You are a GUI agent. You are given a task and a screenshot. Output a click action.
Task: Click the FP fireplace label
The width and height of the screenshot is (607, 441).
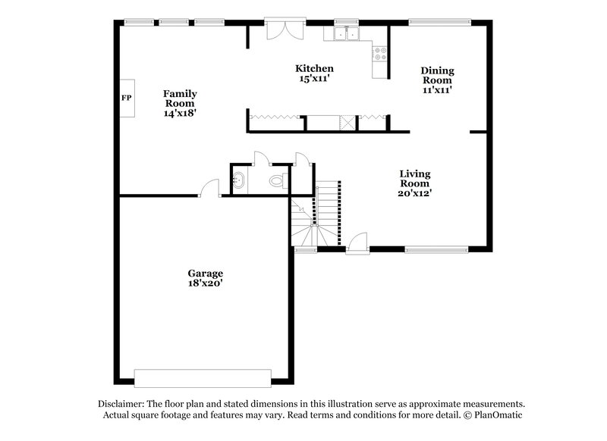pyautogui.click(x=125, y=99)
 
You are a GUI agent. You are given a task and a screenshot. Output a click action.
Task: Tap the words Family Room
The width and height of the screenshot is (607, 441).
pyautogui.click(x=179, y=99)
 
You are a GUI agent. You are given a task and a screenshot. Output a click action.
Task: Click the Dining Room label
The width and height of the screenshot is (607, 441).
pyautogui.click(x=438, y=76)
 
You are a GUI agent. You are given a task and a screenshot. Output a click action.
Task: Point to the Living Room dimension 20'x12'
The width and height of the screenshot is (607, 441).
pyautogui.click(x=416, y=192)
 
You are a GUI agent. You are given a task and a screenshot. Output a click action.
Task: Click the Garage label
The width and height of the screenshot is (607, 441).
pyautogui.click(x=206, y=273)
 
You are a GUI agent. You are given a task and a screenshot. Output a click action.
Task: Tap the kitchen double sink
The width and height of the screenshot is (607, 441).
pyautogui.click(x=348, y=34)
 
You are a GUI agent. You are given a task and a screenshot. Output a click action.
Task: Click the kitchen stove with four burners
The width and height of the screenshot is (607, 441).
pyautogui.click(x=379, y=53)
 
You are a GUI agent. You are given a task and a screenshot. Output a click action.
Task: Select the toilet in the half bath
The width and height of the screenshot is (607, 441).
pyautogui.click(x=278, y=180)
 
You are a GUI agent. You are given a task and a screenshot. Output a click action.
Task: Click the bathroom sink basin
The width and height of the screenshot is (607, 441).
pyautogui.click(x=238, y=180)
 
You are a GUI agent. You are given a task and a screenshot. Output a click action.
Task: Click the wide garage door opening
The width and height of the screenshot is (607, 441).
pyautogui.click(x=203, y=377)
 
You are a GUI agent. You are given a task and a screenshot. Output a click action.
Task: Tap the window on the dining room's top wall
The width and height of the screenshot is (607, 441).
pyautogui.click(x=429, y=22)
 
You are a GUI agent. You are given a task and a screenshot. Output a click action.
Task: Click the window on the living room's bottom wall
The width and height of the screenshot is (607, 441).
pyautogui.click(x=436, y=249)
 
